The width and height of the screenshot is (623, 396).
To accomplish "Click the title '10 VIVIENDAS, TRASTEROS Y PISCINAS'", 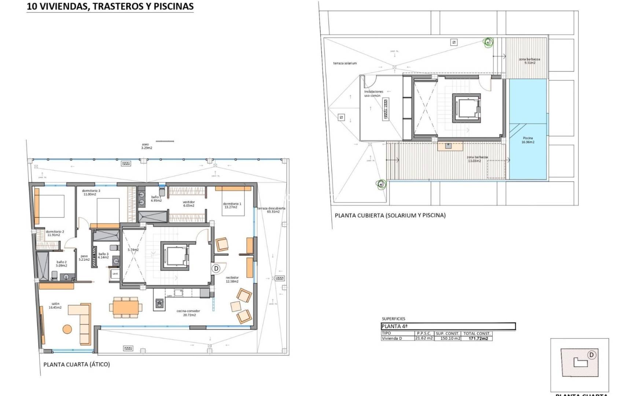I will [x=110, y=7].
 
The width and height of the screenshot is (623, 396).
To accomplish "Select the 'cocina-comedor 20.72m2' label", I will [x=188, y=313].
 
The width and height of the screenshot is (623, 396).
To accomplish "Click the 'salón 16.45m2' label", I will [x=55, y=305].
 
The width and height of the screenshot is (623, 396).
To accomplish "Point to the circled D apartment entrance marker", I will [x=216, y=268].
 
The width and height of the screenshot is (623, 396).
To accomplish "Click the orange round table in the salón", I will [x=67, y=329].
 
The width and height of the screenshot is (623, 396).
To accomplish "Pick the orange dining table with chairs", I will [x=126, y=307].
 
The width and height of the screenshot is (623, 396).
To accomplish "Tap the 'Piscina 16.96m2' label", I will [x=528, y=140].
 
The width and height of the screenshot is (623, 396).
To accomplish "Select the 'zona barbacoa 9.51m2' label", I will [x=529, y=61].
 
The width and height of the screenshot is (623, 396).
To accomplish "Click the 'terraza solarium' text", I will [x=344, y=63].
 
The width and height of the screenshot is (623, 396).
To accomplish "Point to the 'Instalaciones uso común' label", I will [x=373, y=93].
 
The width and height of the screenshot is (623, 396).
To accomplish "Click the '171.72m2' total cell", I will [x=478, y=338].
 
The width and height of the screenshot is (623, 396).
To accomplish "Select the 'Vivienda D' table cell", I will [x=392, y=338].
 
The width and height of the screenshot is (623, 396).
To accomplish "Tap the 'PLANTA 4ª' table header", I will [x=394, y=326].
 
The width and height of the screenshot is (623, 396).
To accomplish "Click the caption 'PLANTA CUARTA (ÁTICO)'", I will [x=77, y=364].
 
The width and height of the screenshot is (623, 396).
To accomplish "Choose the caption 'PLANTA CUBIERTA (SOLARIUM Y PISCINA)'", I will [x=390, y=215].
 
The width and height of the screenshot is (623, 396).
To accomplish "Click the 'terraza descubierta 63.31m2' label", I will [x=271, y=210].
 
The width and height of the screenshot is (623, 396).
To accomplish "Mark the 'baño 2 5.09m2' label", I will [x=62, y=264].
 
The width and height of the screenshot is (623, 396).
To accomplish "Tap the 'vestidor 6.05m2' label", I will [x=189, y=204].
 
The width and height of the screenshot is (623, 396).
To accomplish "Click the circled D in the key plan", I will [x=591, y=355].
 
